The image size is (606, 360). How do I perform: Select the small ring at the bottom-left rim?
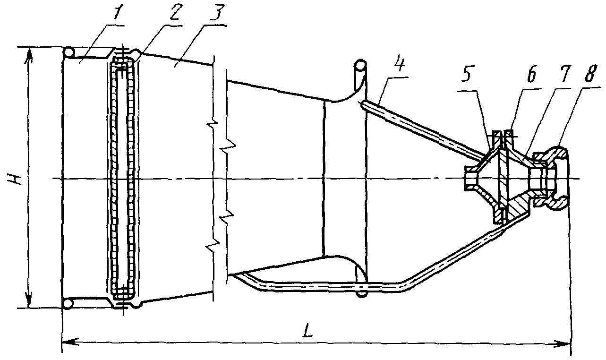[x=69, y=303]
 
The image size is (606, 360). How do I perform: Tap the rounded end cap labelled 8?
[x=557, y=179]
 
